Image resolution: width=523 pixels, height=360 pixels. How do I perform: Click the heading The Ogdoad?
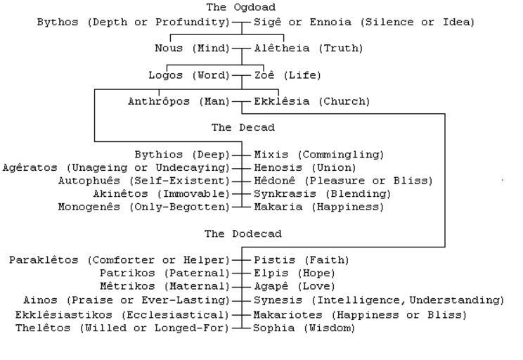(x=241, y=7)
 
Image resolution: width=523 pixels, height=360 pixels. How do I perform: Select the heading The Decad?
(x=243, y=127)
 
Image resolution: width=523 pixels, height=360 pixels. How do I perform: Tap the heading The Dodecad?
(x=243, y=233)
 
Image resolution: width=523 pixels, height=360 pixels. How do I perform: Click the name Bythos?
(x=58, y=22)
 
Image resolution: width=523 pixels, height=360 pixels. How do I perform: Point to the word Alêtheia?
(x=281, y=48)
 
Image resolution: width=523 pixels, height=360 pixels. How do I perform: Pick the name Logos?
(x=166, y=75)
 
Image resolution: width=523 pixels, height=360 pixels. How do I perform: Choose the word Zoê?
(x=264, y=75)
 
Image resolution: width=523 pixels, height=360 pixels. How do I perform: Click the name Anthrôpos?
(x=159, y=101)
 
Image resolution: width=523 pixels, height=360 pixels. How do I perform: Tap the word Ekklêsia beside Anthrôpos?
(x=281, y=101)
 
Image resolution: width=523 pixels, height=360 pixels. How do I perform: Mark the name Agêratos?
(x=30, y=167)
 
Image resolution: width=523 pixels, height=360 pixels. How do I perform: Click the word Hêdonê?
(x=275, y=181)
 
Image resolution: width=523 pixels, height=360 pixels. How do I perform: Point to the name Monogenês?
(x=89, y=207)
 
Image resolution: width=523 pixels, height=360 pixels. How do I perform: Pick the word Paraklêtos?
(x=44, y=260)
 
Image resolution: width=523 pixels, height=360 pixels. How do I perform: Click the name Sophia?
(x=274, y=328)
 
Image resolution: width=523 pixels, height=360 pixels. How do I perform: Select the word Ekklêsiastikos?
(x=64, y=314)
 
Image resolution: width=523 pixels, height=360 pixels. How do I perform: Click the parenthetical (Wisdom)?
(x=330, y=328)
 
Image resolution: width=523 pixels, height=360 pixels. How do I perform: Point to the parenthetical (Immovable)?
(x=194, y=194)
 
